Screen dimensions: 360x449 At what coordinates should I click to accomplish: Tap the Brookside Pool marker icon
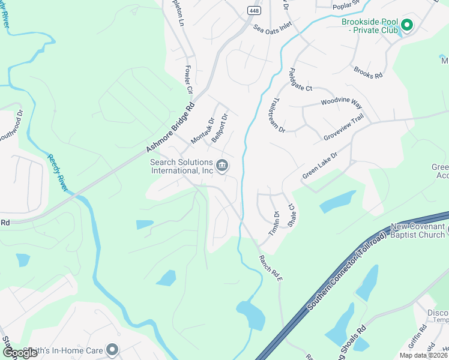point(406,25)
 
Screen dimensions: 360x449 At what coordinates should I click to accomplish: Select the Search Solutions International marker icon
point(221,166)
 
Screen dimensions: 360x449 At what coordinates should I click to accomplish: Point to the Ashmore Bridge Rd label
point(171,128)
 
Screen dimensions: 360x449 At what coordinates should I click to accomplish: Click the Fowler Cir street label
point(188,80)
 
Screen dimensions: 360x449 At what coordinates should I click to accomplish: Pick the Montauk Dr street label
point(202,130)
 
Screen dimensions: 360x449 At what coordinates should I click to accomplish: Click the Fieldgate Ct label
point(301,79)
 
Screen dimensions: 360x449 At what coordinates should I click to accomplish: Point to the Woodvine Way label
point(341,103)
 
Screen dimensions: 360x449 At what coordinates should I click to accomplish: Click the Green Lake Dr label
point(320,164)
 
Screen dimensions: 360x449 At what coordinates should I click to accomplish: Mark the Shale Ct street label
point(292,214)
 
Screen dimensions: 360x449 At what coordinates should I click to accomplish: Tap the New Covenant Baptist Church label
point(418,230)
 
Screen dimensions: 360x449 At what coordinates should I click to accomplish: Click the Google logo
point(20,352)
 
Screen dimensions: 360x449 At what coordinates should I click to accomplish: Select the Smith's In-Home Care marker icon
point(112,349)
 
